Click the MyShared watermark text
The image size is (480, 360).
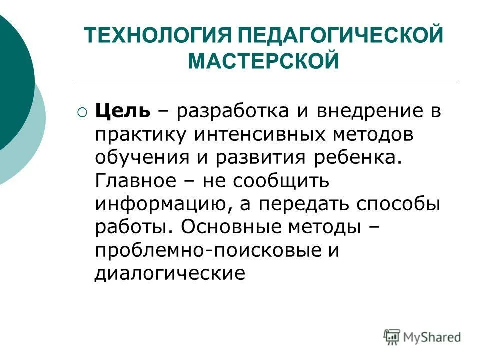point(432,337)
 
